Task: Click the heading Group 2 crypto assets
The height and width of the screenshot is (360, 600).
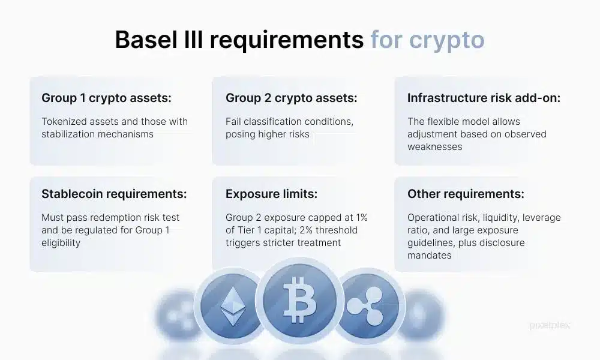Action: click(291, 98)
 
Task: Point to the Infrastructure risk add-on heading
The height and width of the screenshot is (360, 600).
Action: click(484, 98)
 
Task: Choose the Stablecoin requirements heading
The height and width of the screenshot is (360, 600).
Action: click(114, 194)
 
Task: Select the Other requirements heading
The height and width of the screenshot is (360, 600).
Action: click(466, 194)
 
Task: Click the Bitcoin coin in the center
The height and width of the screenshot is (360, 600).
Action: click(299, 299)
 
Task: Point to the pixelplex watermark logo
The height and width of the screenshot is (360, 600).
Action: click(550, 325)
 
